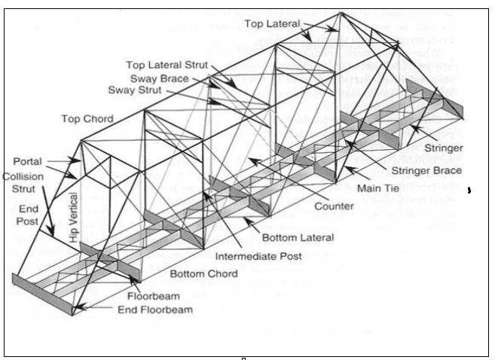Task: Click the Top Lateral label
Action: coord(273,24)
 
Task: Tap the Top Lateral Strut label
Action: coord(167,66)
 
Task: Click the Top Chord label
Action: coord(88,118)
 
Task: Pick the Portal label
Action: coord(28,161)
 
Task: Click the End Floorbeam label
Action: coord(154,309)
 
